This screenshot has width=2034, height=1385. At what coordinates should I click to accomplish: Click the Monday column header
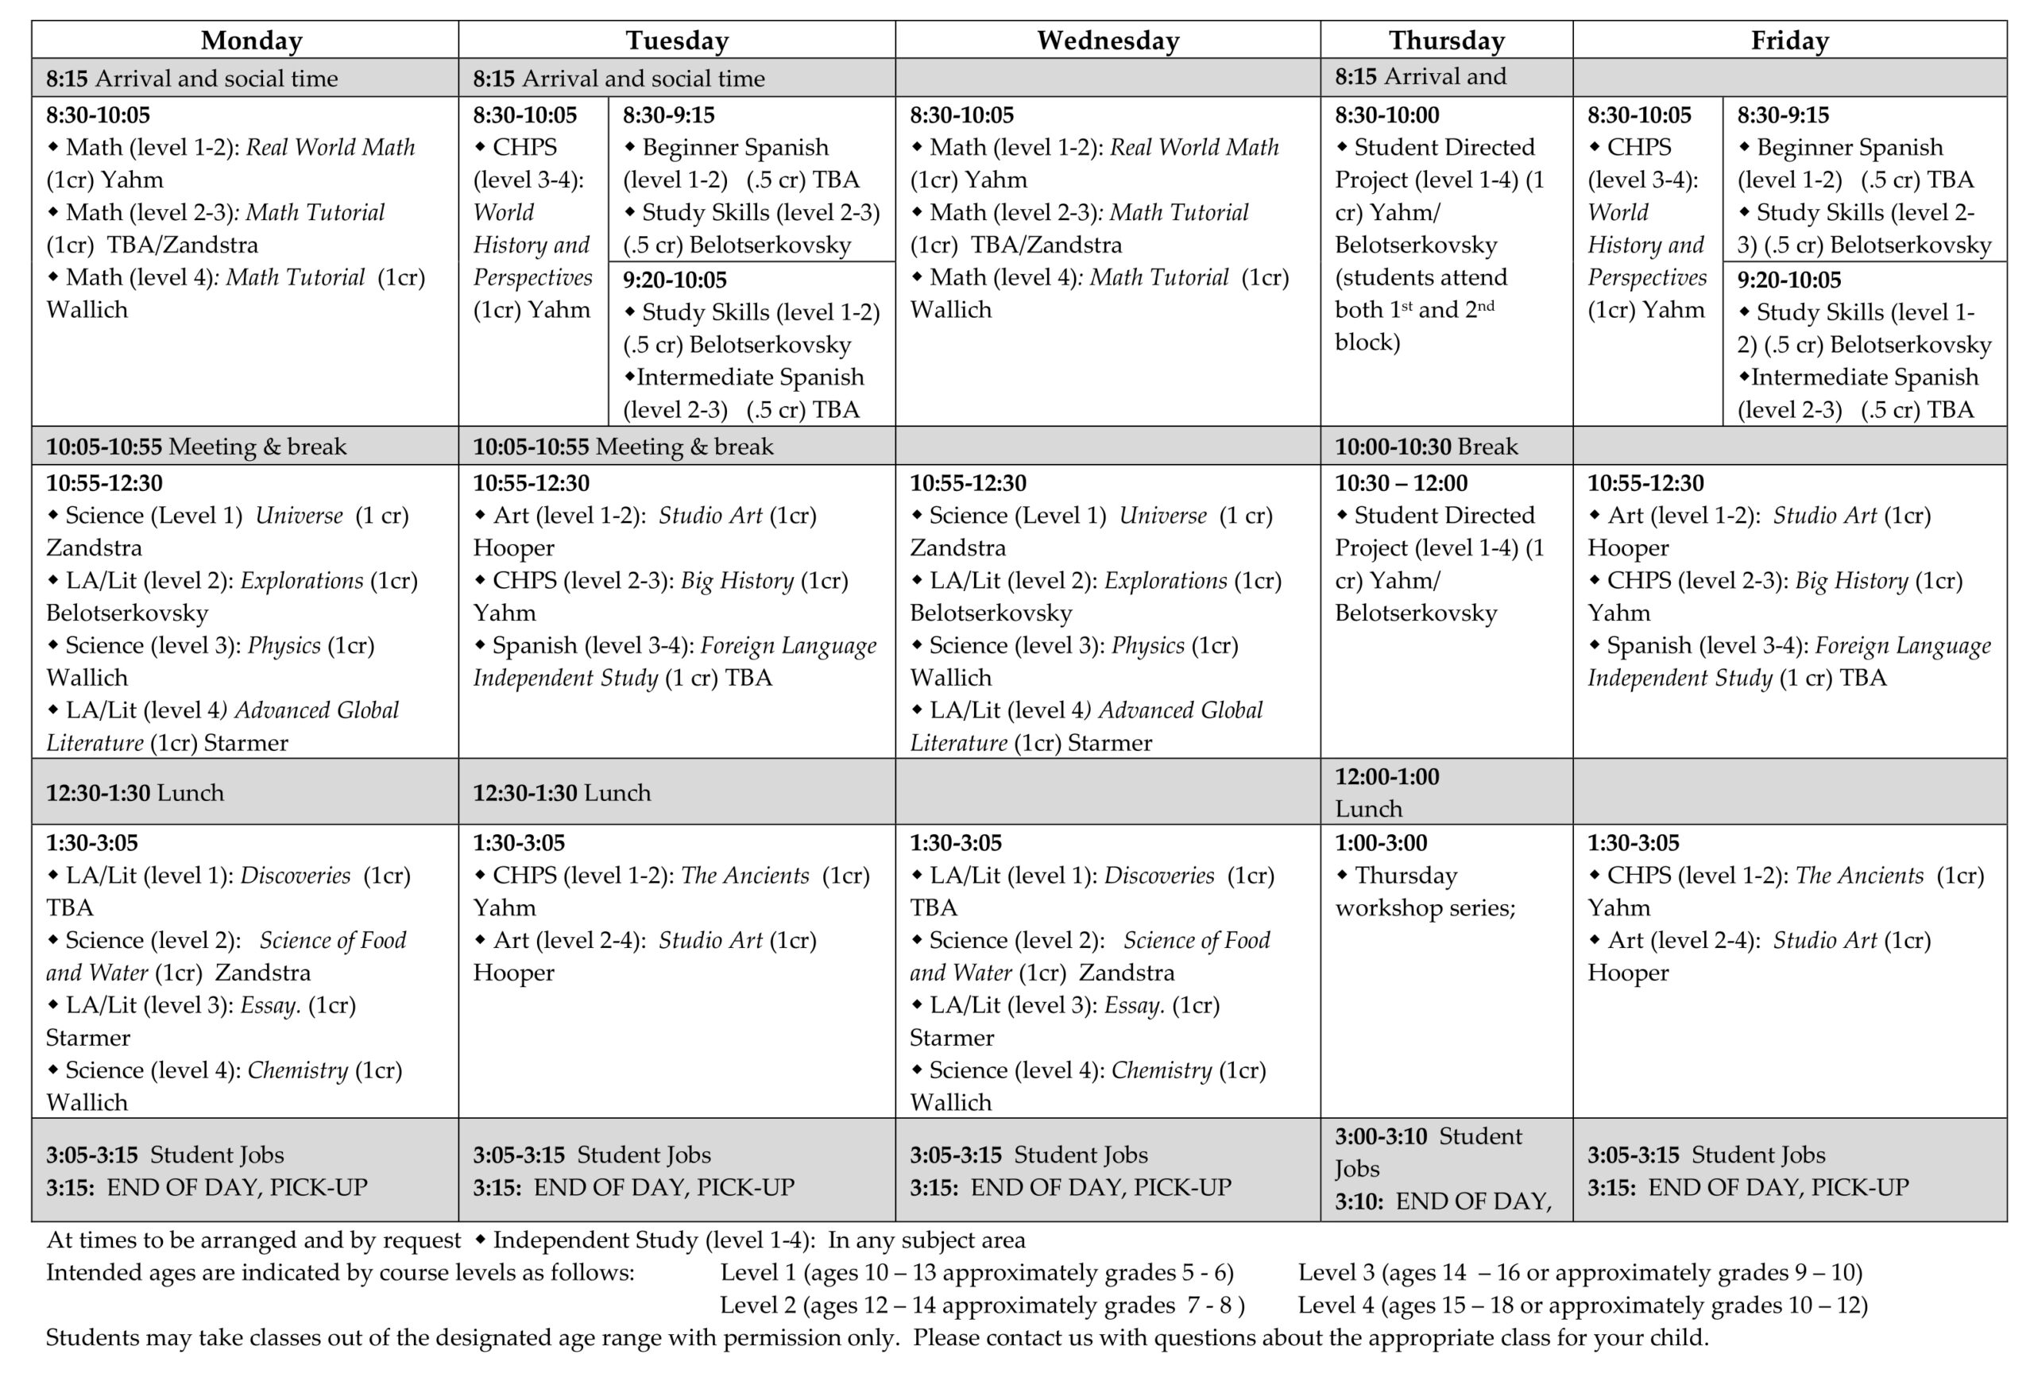251,41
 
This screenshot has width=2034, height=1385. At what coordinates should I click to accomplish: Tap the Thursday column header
1446,41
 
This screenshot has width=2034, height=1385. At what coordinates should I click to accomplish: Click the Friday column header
1789,41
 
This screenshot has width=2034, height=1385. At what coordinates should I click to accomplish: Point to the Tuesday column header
676,41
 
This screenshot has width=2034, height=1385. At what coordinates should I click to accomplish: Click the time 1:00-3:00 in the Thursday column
1380,843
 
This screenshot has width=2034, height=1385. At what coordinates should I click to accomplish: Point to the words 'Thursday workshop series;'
1424,892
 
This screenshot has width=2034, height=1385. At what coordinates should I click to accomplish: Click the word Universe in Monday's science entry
299,516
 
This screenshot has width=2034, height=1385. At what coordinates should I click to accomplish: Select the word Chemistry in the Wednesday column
1162,1070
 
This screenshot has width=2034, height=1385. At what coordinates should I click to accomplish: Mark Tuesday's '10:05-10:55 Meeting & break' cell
623,447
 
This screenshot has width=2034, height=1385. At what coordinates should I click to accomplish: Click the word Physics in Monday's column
284,645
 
